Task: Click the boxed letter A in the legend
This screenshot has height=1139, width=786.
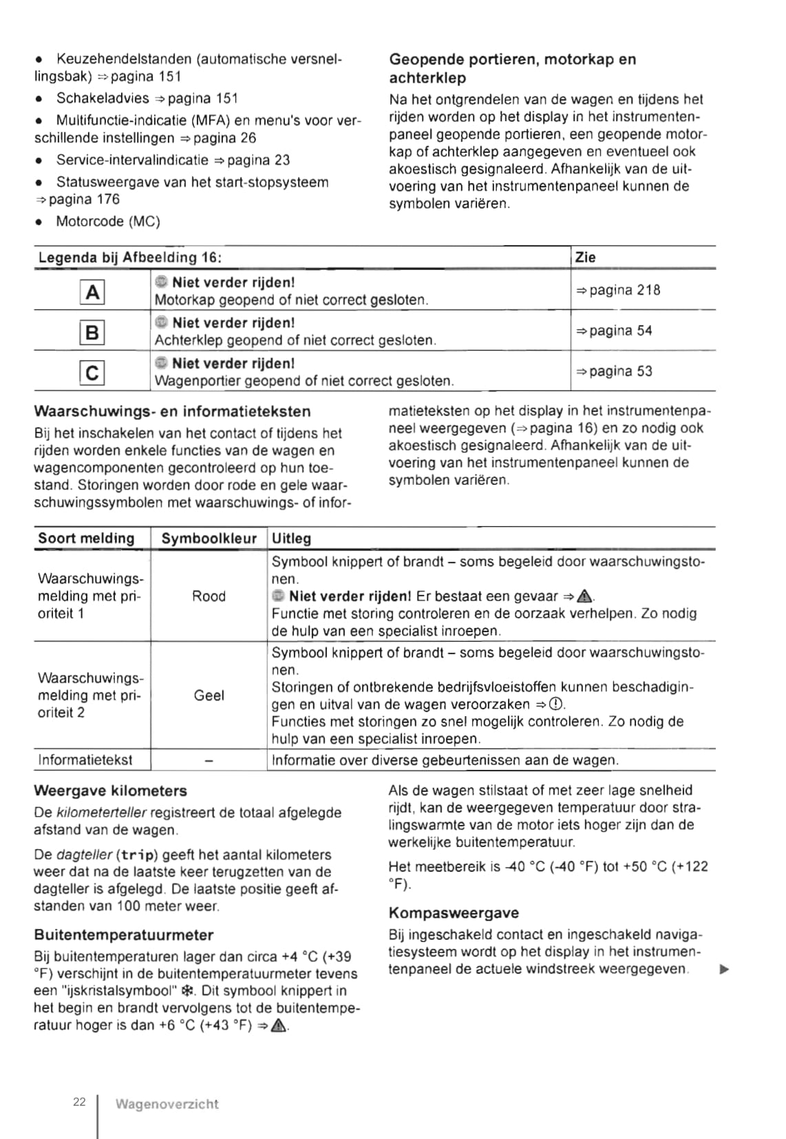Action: [x=92, y=292]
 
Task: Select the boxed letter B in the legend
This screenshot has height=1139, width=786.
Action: [x=92, y=333]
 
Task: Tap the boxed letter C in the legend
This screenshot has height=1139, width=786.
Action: [x=92, y=373]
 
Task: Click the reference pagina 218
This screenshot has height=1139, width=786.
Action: [x=618, y=290]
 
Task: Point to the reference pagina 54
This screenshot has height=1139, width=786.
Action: [x=614, y=331]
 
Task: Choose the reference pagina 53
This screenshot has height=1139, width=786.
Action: [x=614, y=371]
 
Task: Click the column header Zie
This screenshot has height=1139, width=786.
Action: [x=585, y=258]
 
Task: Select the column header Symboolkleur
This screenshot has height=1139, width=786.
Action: [x=209, y=539]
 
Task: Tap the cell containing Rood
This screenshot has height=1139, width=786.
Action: [x=209, y=596]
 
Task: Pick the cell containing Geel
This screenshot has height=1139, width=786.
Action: [x=209, y=696]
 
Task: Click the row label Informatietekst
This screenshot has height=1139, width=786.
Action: [x=85, y=760]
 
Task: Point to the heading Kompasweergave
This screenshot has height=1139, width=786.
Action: [x=454, y=913]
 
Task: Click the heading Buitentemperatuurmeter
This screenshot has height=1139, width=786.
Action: [x=123, y=935]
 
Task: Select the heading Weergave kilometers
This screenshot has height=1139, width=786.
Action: [x=110, y=791]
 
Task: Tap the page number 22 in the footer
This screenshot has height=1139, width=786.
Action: [x=79, y=1103]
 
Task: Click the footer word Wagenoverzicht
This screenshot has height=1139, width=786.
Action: [x=167, y=1105]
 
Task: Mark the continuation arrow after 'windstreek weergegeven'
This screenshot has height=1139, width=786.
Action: [x=723, y=970]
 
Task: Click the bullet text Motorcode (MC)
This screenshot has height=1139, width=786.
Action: [x=107, y=222]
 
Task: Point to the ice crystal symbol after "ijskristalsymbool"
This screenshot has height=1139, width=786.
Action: [x=186, y=992]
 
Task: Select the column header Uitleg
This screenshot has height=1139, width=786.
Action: [x=291, y=539]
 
